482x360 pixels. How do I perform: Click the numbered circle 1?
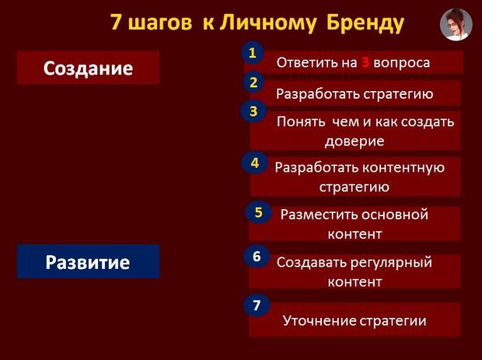(253, 53)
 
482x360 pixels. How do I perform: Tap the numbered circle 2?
(253, 82)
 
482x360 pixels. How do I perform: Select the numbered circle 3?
(253, 111)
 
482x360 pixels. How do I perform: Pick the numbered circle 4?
(254, 163)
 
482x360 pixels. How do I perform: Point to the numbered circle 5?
(259, 212)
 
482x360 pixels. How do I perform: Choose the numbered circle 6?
(257, 256)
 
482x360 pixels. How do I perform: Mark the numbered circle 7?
(257, 305)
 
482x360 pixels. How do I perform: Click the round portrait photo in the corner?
(456, 25)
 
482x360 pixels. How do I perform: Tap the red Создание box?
(88, 68)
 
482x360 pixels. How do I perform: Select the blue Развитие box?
(88, 261)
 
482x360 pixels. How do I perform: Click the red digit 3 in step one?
(365, 63)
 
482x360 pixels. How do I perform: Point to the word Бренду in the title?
(365, 23)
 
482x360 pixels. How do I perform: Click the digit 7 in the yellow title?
(116, 22)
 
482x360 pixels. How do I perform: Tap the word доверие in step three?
(355, 141)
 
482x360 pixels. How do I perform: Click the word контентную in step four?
(403, 168)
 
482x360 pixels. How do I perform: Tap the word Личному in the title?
(267, 23)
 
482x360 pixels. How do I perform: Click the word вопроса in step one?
(401, 63)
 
